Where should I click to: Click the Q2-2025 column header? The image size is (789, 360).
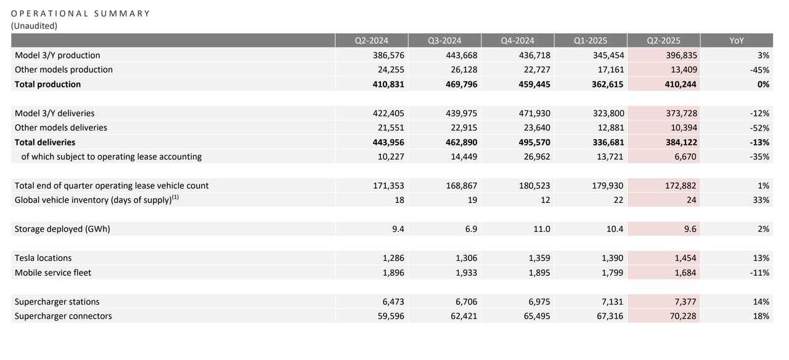tap(664, 41)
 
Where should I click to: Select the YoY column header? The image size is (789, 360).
tap(737, 41)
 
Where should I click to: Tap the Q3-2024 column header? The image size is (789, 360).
tap(444, 41)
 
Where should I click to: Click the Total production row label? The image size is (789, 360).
tap(47, 84)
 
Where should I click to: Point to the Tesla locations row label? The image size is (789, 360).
tap(43, 258)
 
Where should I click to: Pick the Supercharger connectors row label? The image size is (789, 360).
tap(63, 316)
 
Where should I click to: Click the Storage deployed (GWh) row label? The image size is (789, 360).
tap(62, 229)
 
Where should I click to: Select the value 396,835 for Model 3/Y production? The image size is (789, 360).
tap(681, 55)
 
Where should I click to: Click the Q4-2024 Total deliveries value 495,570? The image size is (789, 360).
tap(534, 142)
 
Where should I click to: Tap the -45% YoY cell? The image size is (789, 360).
tap(759, 70)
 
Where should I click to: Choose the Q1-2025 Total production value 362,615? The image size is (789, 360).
tap(607, 84)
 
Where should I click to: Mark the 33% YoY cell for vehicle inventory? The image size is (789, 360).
tap(761, 200)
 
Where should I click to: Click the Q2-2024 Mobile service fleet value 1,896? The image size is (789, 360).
tap(393, 272)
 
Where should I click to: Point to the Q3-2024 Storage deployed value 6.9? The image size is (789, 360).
tap(471, 229)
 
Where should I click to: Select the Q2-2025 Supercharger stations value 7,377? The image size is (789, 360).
tap(685, 301)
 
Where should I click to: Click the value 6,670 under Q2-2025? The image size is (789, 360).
tap(685, 157)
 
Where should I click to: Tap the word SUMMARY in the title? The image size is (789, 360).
tap(122, 14)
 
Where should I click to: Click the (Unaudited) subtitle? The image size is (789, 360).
tap(34, 26)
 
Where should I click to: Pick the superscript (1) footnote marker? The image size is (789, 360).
tap(176, 197)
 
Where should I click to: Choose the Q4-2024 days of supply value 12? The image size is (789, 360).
tap(546, 200)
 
